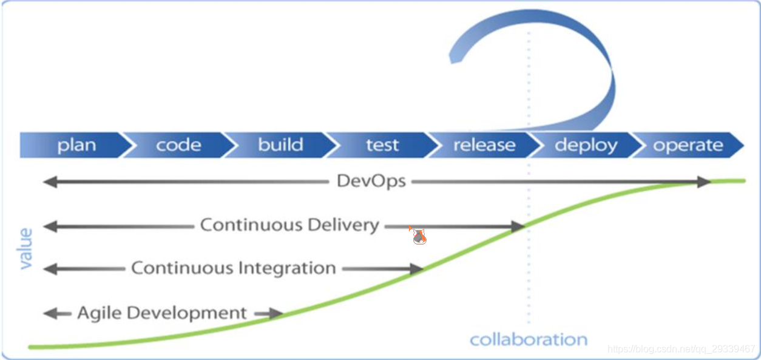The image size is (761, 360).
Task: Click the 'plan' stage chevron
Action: pos(76,145)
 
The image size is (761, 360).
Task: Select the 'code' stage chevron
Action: pos(178,145)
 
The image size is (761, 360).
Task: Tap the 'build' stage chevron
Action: pos(280,145)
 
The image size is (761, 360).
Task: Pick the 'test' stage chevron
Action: pos(382,145)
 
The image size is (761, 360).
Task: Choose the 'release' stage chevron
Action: pos(484,145)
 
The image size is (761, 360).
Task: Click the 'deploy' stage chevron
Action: pos(586,145)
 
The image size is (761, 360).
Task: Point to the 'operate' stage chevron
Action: pos(688,145)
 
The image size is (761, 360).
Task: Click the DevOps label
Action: pos(371,181)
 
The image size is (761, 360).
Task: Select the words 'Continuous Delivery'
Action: pos(289,225)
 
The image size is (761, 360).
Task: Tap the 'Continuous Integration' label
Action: pos(233,268)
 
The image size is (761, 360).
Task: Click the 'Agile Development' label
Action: pos(162,313)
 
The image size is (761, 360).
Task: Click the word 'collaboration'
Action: pos(529,339)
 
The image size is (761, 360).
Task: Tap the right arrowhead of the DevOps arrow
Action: pos(704,182)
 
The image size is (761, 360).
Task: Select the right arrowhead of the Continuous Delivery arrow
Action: pos(518,226)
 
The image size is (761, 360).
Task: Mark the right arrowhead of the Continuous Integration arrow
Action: pos(416,268)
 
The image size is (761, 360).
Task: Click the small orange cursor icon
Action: pos(418,236)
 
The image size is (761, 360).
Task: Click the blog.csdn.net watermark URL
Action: pos(681,349)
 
